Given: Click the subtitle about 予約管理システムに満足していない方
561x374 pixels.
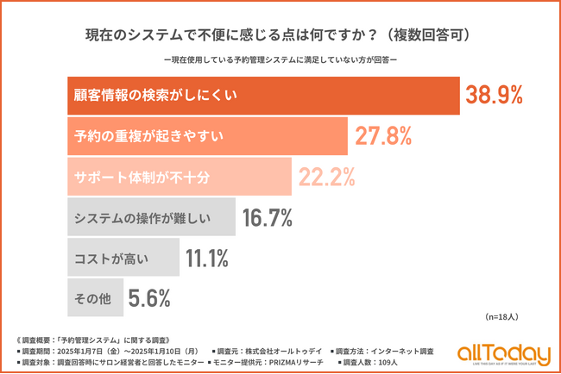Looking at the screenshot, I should click(280, 60).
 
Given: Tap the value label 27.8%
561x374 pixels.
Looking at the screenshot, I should click(381, 136).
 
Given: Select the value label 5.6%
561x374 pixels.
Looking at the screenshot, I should click(148, 298).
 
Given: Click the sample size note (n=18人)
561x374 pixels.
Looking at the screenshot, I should click(501, 317).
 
